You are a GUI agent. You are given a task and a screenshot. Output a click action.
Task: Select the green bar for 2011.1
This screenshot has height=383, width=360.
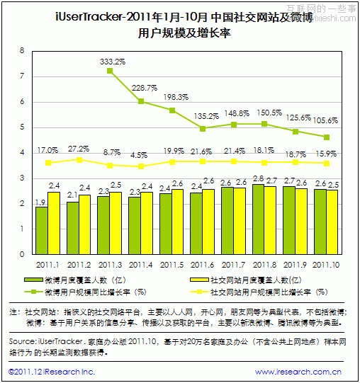tap(42, 230)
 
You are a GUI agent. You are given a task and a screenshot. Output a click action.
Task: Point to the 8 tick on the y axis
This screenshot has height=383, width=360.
tap(22, 51)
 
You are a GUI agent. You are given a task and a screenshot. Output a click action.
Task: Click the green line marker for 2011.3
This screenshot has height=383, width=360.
tap(110, 71)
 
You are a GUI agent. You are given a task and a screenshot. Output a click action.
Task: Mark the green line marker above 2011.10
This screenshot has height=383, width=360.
tap(326, 137)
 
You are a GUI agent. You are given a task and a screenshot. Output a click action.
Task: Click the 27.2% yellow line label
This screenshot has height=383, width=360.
tap(79, 149)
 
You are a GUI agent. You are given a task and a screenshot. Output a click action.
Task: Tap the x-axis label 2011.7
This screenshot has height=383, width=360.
tap(232, 264)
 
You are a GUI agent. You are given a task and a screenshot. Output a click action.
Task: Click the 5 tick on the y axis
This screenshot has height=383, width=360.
tap(22, 127)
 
